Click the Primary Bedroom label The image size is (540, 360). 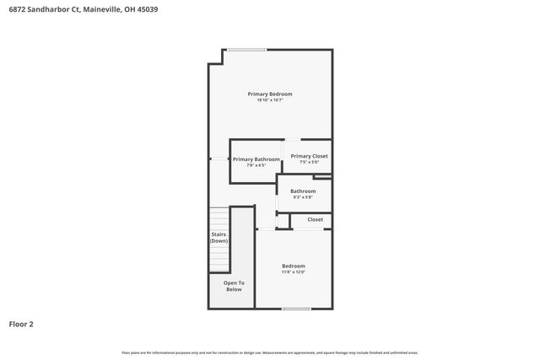(x=269, y=94)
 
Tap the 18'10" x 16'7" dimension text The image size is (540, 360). (x=269, y=100)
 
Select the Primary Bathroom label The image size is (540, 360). (x=256, y=159)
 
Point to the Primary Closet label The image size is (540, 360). (x=309, y=156)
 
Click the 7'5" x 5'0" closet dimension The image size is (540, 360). (x=309, y=162)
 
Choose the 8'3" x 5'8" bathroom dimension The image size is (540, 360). (x=303, y=197)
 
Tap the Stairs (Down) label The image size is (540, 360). (x=219, y=238)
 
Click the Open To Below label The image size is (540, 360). (x=234, y=286)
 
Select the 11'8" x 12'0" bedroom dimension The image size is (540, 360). (x=293, y=272)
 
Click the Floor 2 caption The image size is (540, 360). (x=21, y=324)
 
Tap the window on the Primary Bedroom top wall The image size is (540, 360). (x=246, y=49)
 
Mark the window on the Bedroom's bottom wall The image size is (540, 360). (x=296, y=309)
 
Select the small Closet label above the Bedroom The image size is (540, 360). (x=315, y=219)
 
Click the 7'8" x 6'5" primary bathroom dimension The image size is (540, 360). (x=256, y=165)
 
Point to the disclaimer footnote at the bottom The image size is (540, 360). (x=269, y=352)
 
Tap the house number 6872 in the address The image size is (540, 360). (x=17, y=9)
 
